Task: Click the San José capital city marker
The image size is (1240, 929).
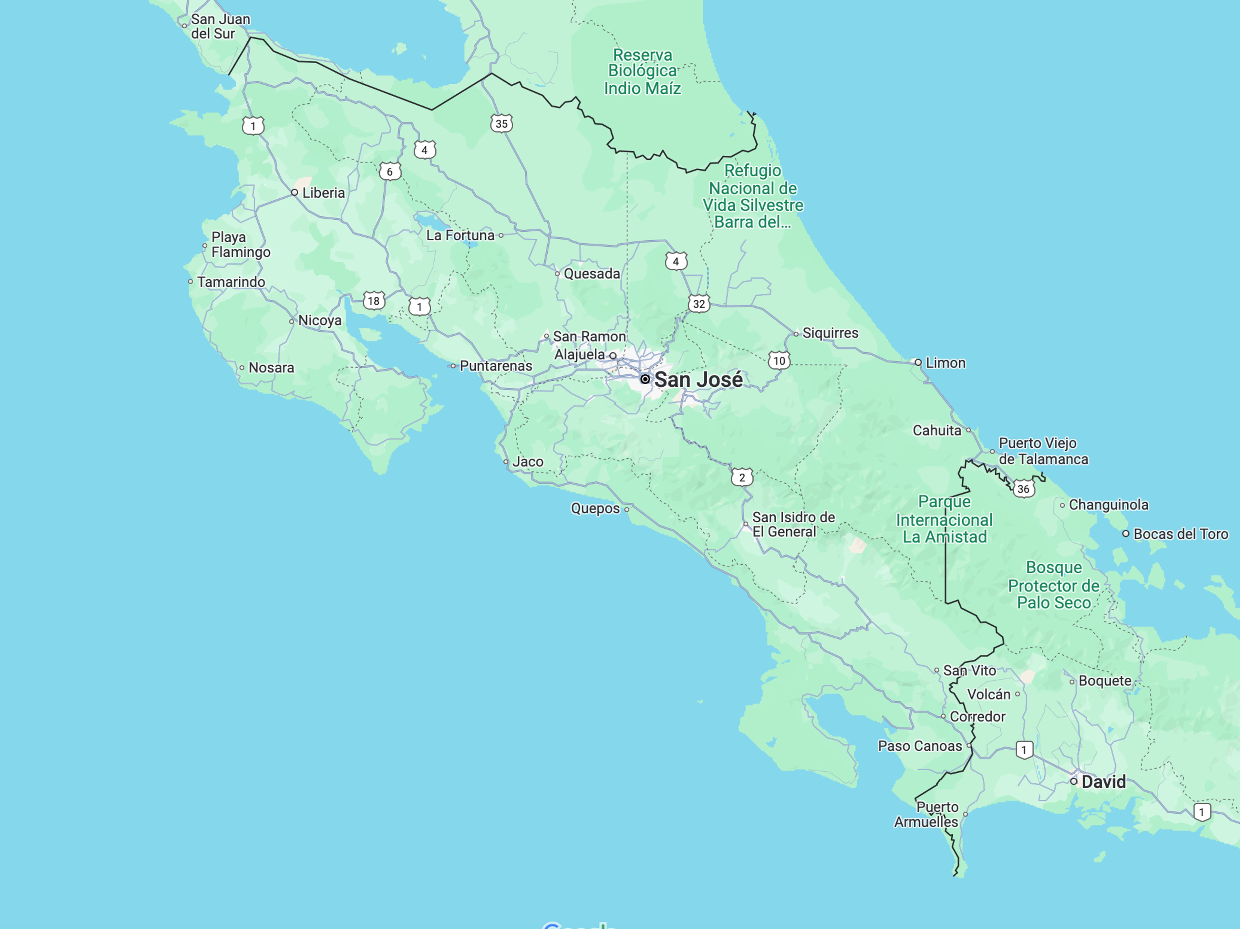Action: (645, 380)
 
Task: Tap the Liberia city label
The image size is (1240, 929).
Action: (324, 193)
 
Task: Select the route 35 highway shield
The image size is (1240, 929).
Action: (501, 124)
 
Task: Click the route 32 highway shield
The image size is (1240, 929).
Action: (698, 304)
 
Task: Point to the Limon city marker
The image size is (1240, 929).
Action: (918, 363)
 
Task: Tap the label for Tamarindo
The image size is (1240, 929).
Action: (231, 282)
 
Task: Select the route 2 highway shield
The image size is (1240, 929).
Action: (742, 478)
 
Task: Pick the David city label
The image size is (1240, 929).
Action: (1103, 782)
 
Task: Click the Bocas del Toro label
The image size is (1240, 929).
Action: (1181, 534)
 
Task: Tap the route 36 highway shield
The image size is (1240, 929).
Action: (1023, 489)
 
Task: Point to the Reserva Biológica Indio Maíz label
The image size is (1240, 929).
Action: (642, 71)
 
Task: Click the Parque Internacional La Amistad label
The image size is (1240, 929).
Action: (944, 519)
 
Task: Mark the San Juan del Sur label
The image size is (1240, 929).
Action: (220, 26)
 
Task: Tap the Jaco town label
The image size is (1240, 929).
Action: (528, 462)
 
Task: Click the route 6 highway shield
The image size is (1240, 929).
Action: (390, 172)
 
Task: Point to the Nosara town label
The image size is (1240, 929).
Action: (271, 368)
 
